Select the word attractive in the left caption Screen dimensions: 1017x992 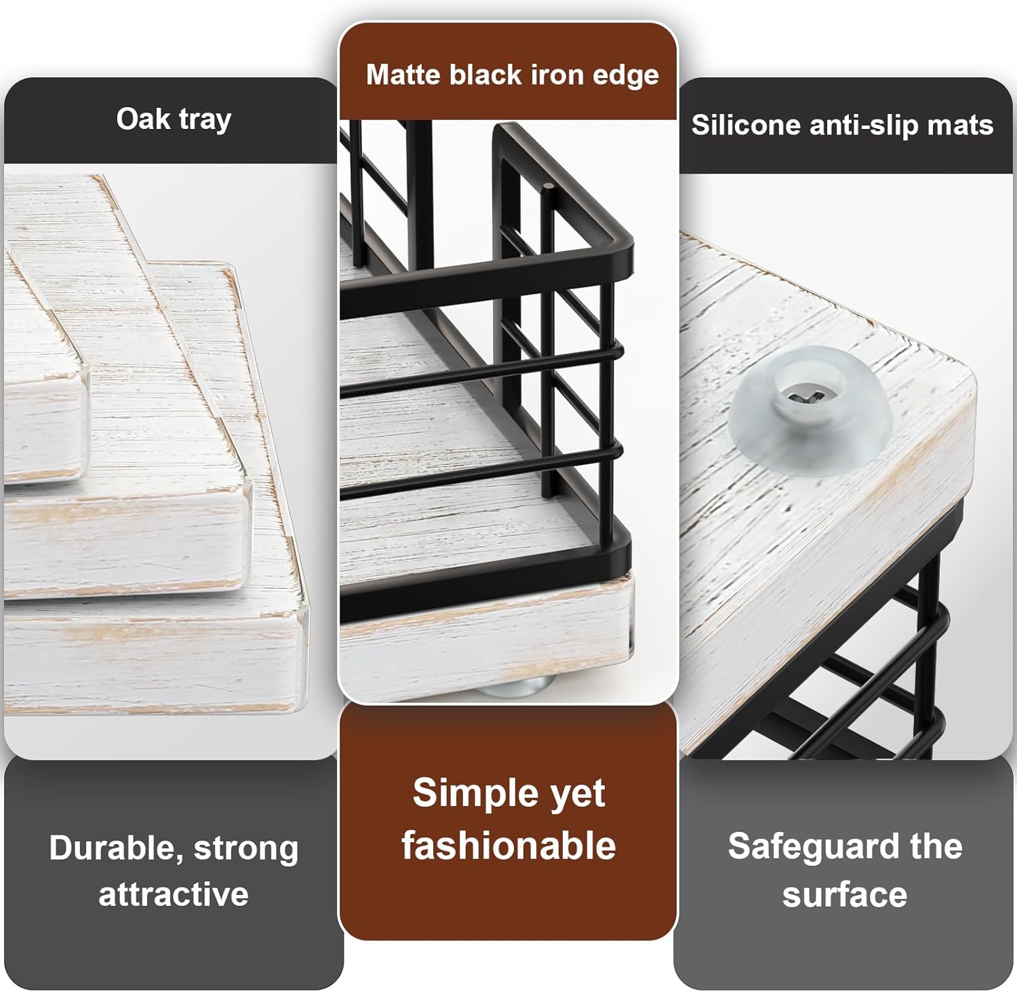tap(174, 894)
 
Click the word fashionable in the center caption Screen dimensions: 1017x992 tap(509, 846)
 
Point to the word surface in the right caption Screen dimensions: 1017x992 tap(845, 895)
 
